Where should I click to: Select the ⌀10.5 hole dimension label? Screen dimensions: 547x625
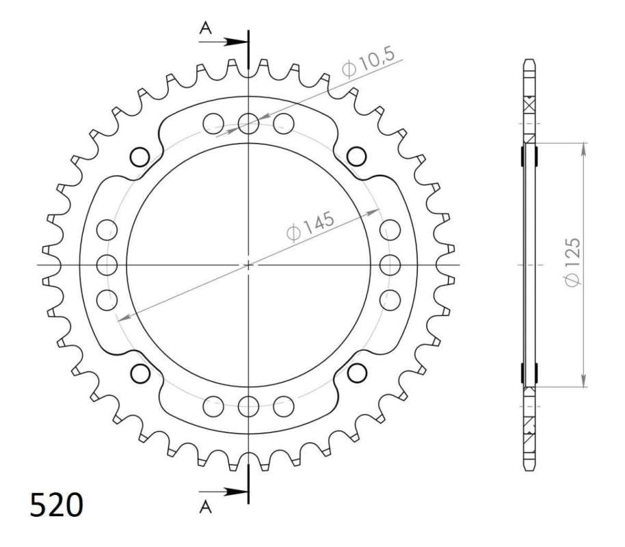(369, 66)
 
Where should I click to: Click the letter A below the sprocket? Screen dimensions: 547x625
(205, 505)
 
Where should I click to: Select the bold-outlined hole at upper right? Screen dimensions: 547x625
(357, 156)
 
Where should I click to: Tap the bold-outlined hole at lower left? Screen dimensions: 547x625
(140, 373)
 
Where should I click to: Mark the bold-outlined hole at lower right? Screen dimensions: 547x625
(357, 373)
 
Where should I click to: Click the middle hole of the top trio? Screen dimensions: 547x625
(248, 123)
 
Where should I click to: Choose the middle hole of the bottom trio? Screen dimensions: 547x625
(248, 405)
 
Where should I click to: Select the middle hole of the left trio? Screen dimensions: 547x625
(107, 264)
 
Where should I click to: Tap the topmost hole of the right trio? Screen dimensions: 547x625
(390, 229)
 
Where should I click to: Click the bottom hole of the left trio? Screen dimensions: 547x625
(107, 299)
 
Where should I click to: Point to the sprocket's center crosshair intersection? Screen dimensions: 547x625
(248, 264)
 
